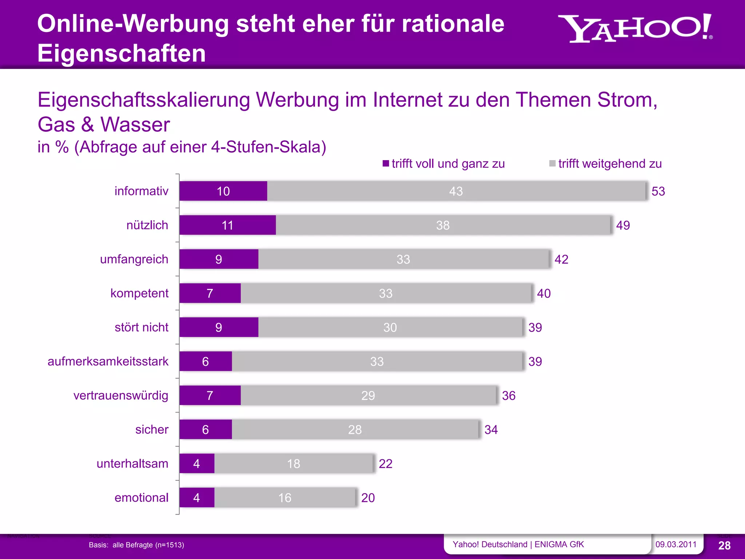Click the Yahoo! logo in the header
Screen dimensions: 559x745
(635, 28)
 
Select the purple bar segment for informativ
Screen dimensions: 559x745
(223, 191)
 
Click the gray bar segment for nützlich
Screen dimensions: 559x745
(443, 225)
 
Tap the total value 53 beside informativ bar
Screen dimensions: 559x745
(658, 191)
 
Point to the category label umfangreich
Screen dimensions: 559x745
(134, 259)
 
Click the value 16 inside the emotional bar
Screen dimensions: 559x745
(284, 497)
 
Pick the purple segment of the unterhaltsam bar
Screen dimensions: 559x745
(197, 464)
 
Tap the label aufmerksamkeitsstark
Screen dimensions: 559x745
(108, 361)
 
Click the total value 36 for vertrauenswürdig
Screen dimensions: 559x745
(509, 396)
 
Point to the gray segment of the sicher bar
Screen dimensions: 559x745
(355, 429)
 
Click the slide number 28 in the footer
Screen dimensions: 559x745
(724, 545)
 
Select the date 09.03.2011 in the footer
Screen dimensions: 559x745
(676, 544)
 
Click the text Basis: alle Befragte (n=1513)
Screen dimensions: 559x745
(136, 545)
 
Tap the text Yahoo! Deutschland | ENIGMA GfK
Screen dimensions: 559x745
(518, 544)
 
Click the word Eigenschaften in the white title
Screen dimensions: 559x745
(121, 53)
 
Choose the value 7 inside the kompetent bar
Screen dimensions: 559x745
(210, 293)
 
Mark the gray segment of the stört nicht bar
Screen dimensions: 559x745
(390, 328)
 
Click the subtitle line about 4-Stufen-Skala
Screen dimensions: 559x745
(182, 147)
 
